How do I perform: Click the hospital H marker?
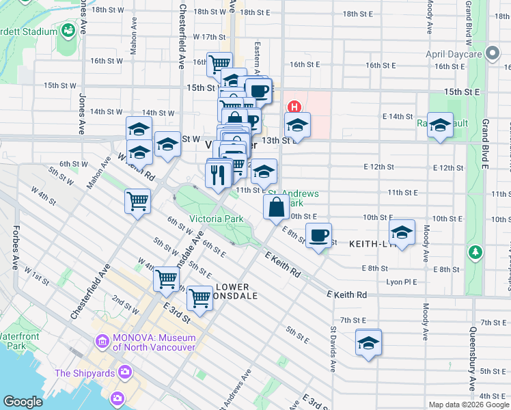click(294, 107)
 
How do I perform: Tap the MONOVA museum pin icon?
click(102, 340)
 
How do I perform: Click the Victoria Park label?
click(206, 219)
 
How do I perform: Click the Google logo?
click(23, 402)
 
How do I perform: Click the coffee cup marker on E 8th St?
click(318, 235)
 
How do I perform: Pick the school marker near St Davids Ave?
click(368, 342)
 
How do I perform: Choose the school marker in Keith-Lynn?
click(402, 232)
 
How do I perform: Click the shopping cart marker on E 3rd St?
click(199, 297)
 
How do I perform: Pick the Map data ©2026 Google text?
click(468, 404)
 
